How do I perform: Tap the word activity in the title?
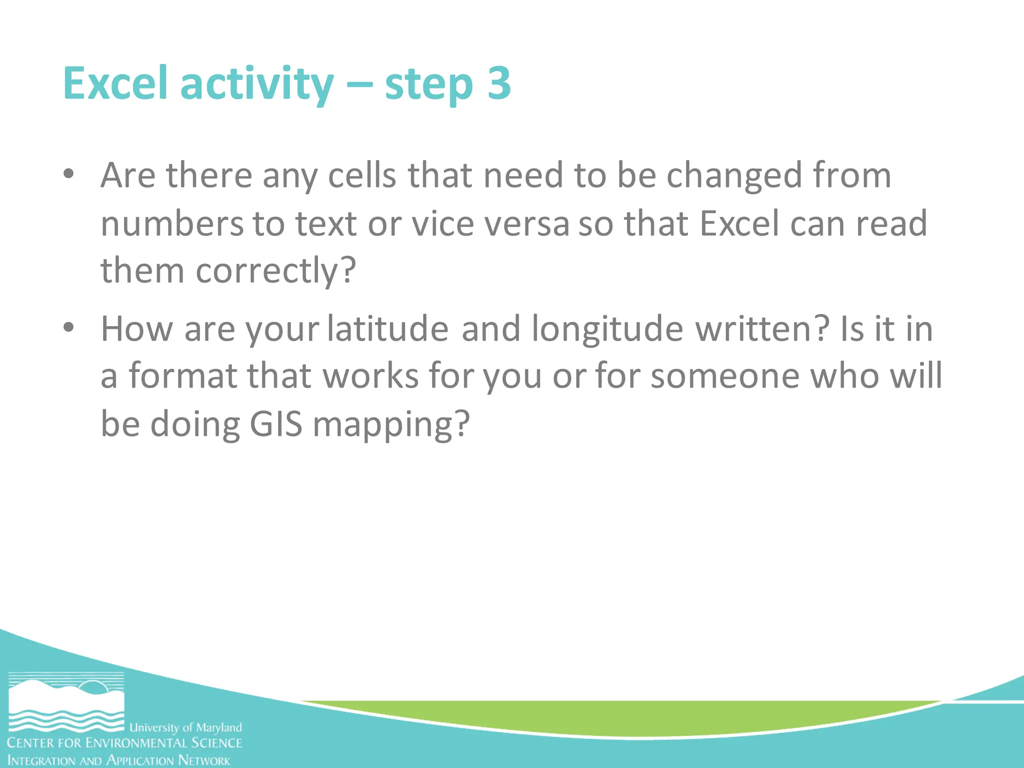click(256, 84)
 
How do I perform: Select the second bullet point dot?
click(69, 328)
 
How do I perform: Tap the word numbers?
click(171, 223)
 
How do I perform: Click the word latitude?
click(388, 329)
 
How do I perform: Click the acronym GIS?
click(276, 424)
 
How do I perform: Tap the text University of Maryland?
click(185, 727)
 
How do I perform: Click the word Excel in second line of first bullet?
click(739, 223)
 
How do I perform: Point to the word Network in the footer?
click(204, 760)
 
